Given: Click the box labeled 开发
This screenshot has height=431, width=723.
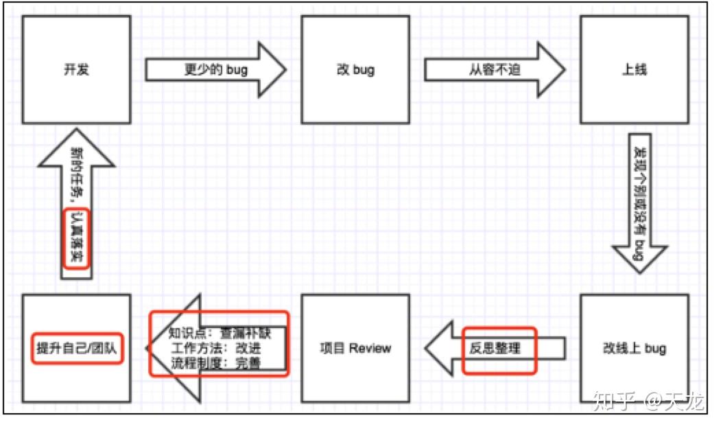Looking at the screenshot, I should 76,69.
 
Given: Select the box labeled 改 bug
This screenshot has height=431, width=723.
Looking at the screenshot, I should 355,69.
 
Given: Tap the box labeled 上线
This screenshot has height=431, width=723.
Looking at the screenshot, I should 634,69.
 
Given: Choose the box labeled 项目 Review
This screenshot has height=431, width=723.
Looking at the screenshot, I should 355,348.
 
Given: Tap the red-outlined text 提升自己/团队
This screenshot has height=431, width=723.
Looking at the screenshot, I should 76,348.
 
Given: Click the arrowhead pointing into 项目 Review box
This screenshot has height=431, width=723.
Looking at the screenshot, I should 440,348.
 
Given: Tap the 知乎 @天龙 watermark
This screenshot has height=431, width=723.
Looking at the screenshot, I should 648,400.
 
